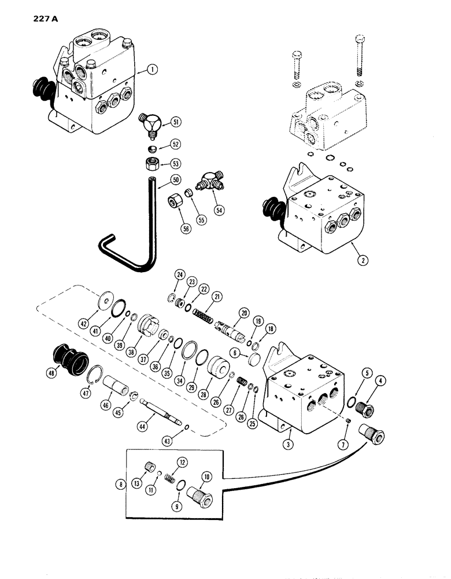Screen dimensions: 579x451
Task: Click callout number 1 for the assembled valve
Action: [153, 70]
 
